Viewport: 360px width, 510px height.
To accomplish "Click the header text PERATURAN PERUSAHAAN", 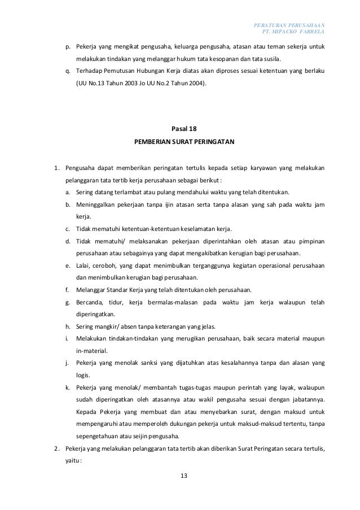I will click(293, 25).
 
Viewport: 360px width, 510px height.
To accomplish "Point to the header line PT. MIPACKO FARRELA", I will click(299, 32).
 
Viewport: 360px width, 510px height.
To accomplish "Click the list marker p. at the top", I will click(68, 46).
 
